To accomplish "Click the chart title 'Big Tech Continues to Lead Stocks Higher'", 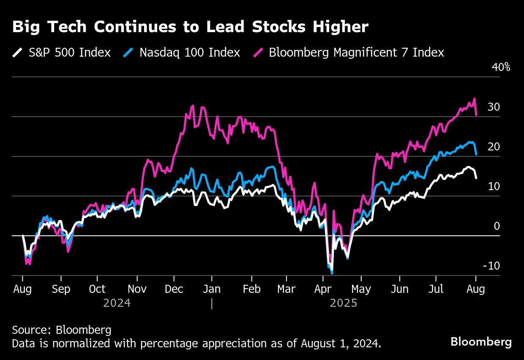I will (x=190, y=27).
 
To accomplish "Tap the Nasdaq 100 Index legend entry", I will (x=190, y=52).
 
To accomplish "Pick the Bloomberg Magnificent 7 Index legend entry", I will (x=356, y=52).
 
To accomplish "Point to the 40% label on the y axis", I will (x=501, y=67).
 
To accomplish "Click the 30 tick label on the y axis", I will (x=494, y=107).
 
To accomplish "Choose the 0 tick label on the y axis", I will (x=497, y=226).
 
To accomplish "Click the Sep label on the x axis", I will (x=61, y=289).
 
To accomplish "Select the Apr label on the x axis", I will (x=323, y=289).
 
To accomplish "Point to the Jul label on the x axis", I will (x=436, y=289).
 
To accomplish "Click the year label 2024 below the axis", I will (x=117, y=303).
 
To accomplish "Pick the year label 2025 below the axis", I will (x=344, y=303).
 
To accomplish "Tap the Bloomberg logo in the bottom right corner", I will (x=481, y=341).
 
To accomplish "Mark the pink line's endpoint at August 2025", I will (x=476, y=115).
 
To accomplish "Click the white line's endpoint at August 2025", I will (x=476, y=178).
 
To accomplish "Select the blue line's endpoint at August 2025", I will (x=476, y=154).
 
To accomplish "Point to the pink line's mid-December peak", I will (x=193, y=106).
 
